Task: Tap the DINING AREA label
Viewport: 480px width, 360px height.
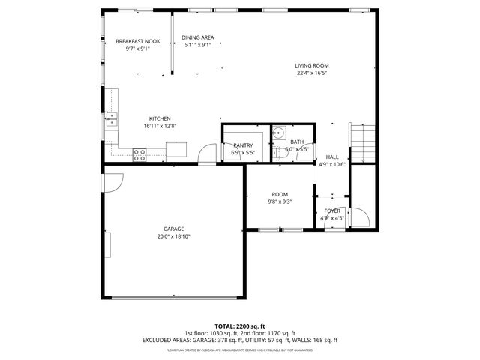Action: [x=198, y=37]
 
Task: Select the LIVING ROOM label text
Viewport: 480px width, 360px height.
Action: [x=311, y=65]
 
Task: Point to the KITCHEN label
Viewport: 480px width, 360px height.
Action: [x=160, y=118]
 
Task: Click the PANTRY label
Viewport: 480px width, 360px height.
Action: [x=242, y=145]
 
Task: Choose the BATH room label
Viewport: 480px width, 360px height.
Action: [x=297, y=142]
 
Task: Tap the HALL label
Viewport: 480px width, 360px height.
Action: [x=331, y=157]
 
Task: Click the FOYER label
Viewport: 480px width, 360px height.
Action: [x=332, y=211]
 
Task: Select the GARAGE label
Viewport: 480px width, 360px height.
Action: [x=174, y=229]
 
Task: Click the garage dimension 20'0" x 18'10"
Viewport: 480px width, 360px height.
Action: [x=174, y=236]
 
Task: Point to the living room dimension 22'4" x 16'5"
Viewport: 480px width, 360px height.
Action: [x=311, y=73]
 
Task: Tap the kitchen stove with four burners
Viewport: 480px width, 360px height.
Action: [x=139, y=154]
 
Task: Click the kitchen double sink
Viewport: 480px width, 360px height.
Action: [x=112, y=117]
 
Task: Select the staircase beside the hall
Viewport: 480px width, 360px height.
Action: [x=363, y=143]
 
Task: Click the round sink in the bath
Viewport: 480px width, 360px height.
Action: [x=278, y=133]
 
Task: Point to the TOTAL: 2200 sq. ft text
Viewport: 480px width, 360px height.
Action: [x=239, y=326]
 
